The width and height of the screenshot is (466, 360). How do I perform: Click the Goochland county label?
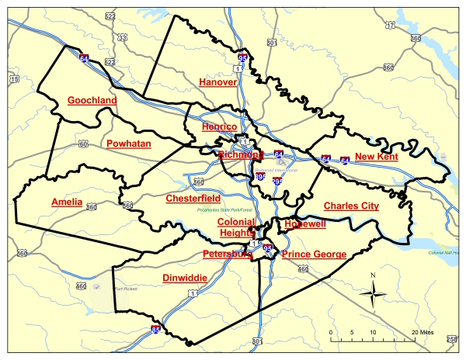pyautogui.click(x=92, y=101)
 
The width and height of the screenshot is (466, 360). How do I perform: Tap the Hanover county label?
pyautogui.click(x=217, y=81)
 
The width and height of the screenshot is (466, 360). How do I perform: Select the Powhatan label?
pyautogui.click(x=128, y=144)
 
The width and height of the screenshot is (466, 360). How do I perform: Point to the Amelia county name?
pyautogui.click(x=67, y=202)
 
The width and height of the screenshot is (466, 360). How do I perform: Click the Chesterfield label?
pyautogui.click(x=193, y=199)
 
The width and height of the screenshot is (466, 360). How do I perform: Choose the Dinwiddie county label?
pyautogui.click(x=184, y=278)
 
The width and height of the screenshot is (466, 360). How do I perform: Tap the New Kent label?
pyautogui.click(x=376, y=157)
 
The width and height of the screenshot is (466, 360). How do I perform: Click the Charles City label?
pyautogui.click(x=351, y=206)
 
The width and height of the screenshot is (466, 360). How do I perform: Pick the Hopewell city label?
pyautogui.click(x=305, y=223)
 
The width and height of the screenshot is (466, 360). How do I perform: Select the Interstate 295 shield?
pyautogui.click(x=277, y=182)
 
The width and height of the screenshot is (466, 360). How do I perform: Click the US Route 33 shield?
pyautogui.click(x=122, y=37)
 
